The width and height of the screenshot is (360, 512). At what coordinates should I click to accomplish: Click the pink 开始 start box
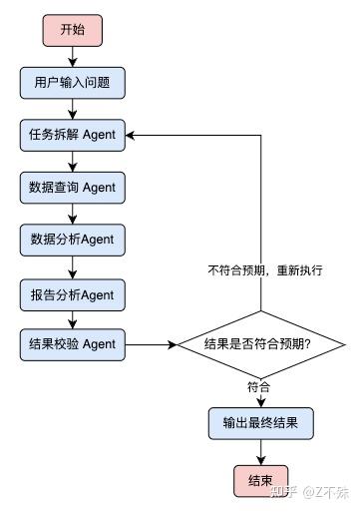click(x=73, y=30)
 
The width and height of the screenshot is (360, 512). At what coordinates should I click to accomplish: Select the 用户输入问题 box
click(x=73, y=83)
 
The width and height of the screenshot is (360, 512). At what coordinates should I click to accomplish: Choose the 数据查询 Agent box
click(x=73, y=187)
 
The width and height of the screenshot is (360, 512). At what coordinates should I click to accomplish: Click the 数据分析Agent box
click(x=73, y=240)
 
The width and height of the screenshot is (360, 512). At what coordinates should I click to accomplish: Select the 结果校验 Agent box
click(x=73, y=344)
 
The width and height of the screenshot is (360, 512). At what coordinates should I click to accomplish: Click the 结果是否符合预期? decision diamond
click(x=260, y=345)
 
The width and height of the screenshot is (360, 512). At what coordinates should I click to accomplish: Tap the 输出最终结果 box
click(x=260, y=423)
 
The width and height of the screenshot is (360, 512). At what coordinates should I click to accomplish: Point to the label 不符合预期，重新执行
click(x=264, y=270)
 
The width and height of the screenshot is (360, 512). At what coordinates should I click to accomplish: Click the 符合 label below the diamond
click(x=260, y=385)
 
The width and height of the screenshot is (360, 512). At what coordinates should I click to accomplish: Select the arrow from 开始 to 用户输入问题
click(x=73, y=56)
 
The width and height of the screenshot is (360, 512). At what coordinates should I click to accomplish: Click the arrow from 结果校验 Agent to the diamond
click(x=150, y=345)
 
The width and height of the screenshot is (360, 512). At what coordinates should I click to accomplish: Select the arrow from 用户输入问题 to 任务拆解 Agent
click(x=73, y=108)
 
